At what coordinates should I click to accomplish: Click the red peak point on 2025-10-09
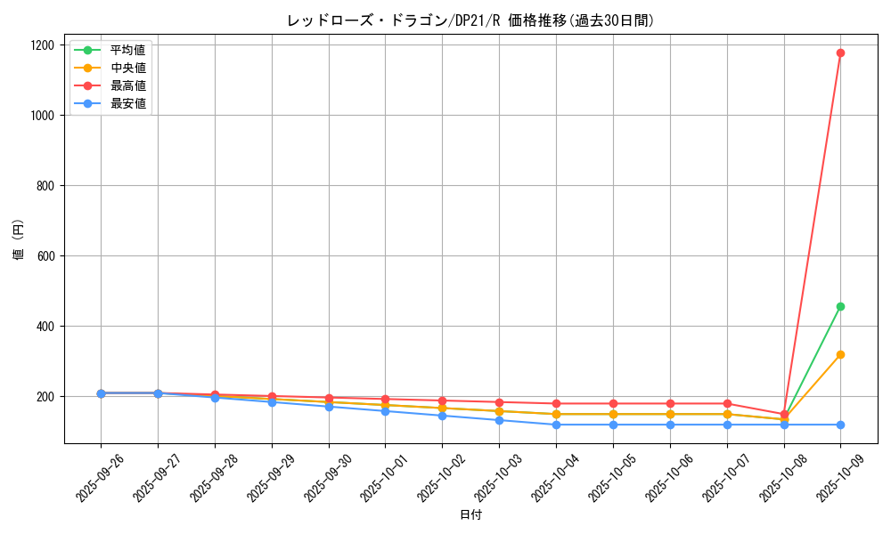pyautogui.click(x=840, y=53)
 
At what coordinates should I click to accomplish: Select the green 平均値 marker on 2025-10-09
pyautogui.click(x=840, y=306)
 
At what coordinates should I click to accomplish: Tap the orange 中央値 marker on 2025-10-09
pyautogui.click(x=840, y=354)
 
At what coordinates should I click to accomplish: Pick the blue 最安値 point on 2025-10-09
pyautogui.click(x=840, y=425)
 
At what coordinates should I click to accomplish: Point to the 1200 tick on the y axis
pyautogui.click(x=42, y=45)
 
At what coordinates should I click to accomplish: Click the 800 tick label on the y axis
pyautogui.click(x=45, y=186)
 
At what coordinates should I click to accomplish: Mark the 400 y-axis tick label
pyautogui.click(x=45, y=327)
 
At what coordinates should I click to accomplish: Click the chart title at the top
pyautogui.click(x=470, y=20)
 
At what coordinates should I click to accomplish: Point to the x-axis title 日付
pyautogui.click(x=470, y=515)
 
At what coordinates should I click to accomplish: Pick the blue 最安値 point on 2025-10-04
pyautogui.click(x=556, y=425)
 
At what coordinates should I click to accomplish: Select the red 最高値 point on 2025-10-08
pyautogui.click(x=784, y=414)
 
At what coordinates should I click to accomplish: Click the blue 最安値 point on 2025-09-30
pyautogui.click(x=329, y=407)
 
